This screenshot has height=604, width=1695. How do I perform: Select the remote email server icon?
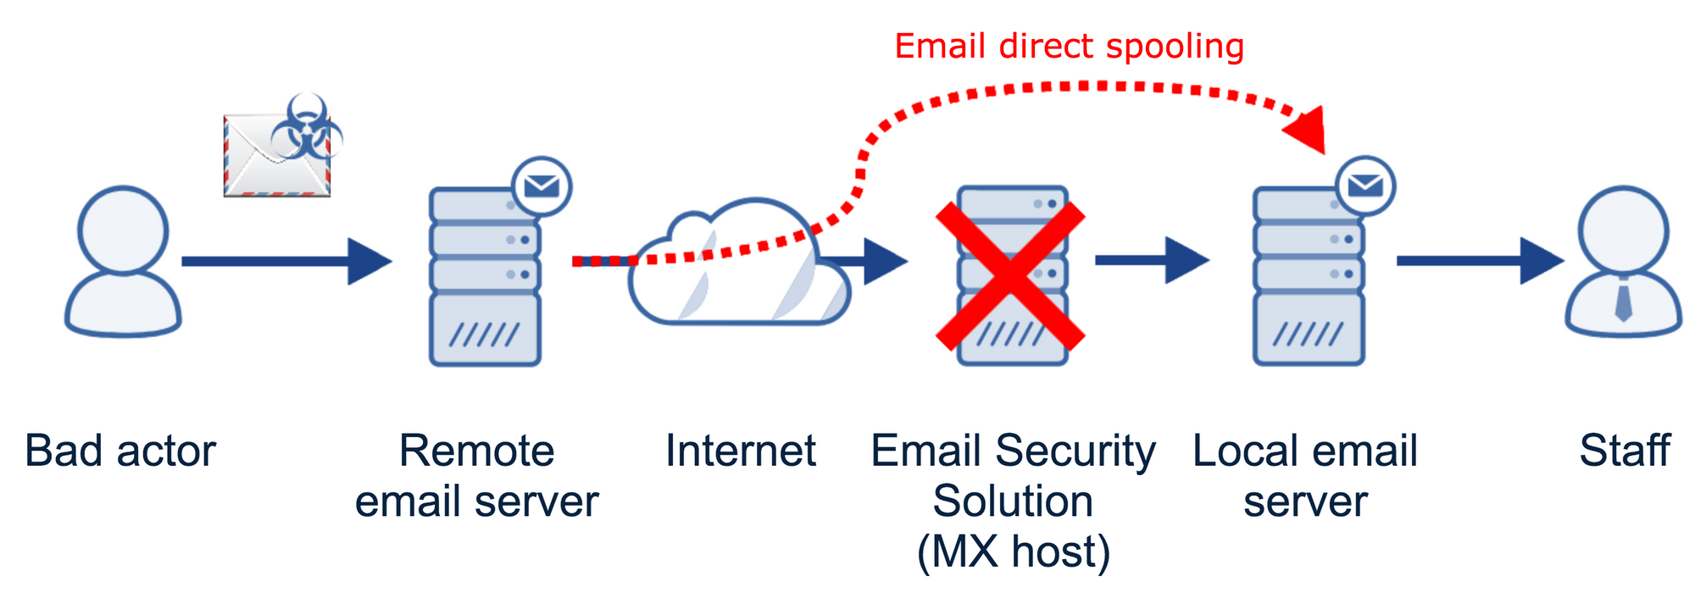click(x=485, y=280)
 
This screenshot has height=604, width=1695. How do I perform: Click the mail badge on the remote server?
click(x=542, y=186)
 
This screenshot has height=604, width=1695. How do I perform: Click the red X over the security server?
click(x=1010, y=276)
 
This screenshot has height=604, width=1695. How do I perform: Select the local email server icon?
click(x=1309, y=280)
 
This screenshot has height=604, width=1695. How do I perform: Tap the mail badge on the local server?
click(x=1365, y=186)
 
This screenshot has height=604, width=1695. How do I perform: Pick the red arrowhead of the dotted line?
click(x=1305, y=130)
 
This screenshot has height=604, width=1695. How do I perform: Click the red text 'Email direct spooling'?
click(x=1069, y=47)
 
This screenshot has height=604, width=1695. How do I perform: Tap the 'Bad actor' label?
click(x=120, y=451)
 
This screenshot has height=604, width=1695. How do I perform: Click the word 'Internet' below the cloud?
click(x=740, y=451)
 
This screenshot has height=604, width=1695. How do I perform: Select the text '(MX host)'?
click(x=1013, y=551)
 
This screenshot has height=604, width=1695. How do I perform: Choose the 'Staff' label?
click(x=1624, y=451)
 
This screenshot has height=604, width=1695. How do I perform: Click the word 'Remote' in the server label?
click(x=476, y=451)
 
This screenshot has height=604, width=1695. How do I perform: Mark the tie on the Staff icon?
click(x=1623, y=301)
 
